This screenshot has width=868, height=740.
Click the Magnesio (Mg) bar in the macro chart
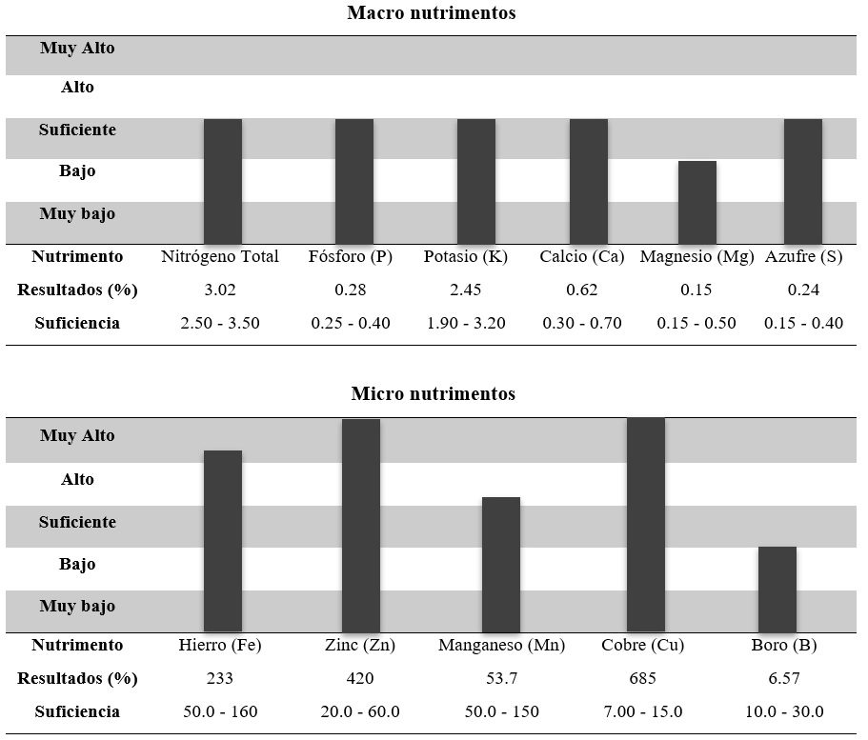point(696,202)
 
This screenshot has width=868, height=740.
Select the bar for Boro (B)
point(777,589)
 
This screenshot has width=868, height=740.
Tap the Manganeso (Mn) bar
point(500,564)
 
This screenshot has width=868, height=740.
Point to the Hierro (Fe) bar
point(222,540)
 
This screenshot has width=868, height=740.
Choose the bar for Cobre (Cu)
point(645,525)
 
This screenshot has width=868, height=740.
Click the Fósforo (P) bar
point(353,181)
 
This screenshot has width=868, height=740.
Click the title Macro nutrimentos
point(432,13)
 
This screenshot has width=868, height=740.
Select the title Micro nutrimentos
point(433,393)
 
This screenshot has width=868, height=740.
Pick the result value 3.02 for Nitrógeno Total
point(220,290)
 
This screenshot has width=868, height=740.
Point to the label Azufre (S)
point(803,256)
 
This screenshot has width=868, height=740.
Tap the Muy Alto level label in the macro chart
point(77,48)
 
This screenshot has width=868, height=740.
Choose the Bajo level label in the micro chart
point(77,564)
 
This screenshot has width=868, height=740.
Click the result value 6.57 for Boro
point(777,678)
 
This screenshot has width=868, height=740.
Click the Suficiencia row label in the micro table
point(77,711)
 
